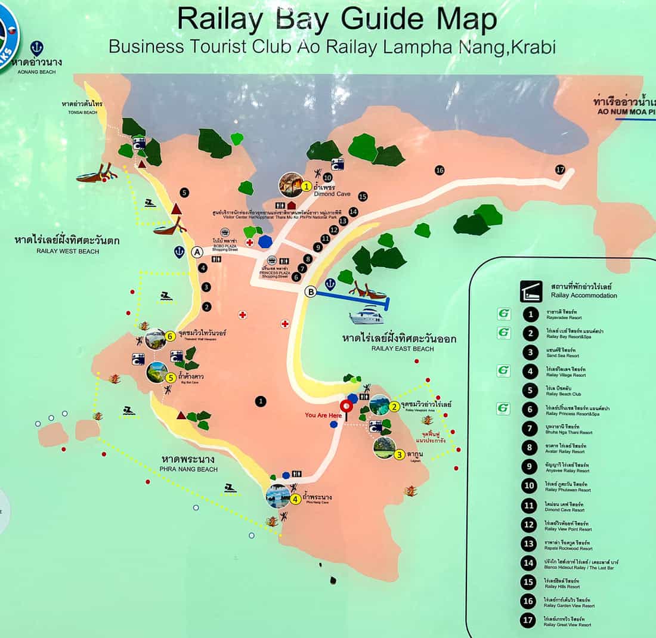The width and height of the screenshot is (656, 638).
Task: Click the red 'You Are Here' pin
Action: point(346,407)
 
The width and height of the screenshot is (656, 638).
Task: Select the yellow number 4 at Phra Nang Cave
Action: point(295,499)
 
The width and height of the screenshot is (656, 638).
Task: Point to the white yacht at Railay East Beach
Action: point(367,315)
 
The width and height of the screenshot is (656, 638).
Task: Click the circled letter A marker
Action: point(197,252)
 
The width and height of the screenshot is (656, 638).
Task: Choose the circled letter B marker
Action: point(310,292)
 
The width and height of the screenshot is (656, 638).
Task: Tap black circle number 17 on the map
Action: point(559,169)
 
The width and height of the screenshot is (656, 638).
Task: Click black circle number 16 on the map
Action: point(440,171)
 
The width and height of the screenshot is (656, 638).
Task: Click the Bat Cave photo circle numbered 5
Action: point(157,373)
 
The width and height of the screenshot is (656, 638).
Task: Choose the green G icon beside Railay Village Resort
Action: point(504,371)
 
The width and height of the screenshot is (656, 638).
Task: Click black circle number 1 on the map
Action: point(261,401)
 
